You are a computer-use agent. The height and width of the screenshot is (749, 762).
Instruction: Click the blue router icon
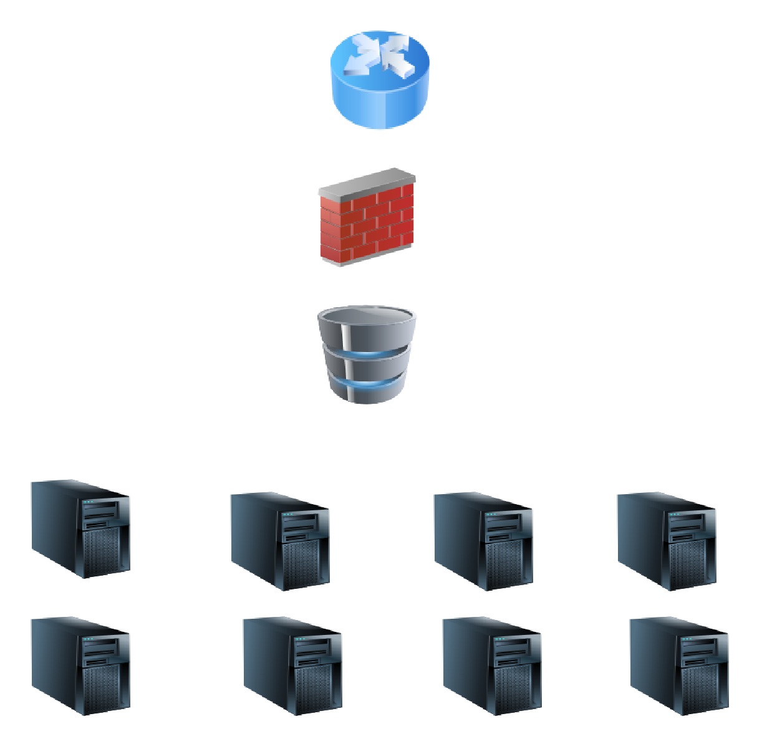(380, 80)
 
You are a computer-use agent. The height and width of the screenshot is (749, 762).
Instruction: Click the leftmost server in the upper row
(80, 528)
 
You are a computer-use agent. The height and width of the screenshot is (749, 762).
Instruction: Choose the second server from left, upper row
(280, 541)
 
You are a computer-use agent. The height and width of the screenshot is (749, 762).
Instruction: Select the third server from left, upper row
(483, 541)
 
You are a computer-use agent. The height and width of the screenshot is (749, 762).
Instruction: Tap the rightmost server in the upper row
(667, 541)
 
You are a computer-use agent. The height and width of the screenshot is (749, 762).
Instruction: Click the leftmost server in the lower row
(80, 666)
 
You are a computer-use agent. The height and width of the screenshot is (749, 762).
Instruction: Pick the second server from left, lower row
(292, 666)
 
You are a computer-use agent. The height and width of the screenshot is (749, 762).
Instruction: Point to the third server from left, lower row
(492, 666)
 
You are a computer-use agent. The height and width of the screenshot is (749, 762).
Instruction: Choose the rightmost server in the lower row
(679, 666)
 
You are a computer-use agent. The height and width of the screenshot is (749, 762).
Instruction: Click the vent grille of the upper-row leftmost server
(100, 551)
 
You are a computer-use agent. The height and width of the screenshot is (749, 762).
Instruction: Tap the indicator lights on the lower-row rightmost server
(687, 639)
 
